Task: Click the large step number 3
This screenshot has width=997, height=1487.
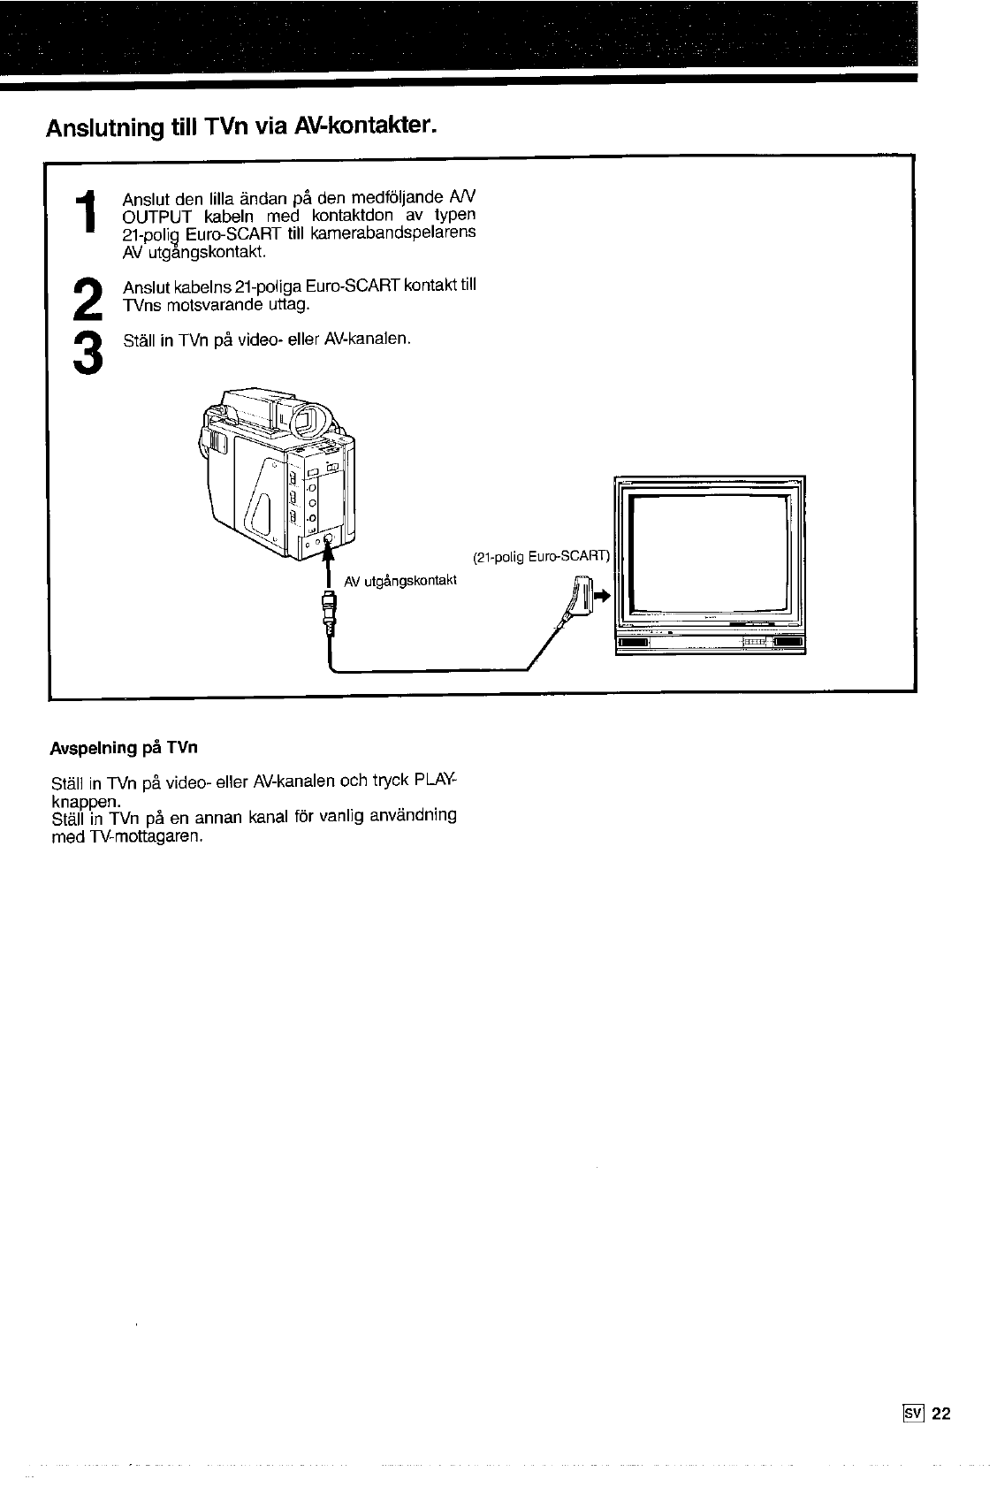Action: coord(86,352)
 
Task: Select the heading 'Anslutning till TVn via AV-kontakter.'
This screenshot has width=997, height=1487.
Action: coord(241,127)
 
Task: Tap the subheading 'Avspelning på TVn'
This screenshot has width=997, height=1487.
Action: coord(124,748)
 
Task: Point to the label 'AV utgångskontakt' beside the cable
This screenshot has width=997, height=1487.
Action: coord(400,580)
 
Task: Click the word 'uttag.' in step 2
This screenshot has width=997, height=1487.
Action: coord(286,305)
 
